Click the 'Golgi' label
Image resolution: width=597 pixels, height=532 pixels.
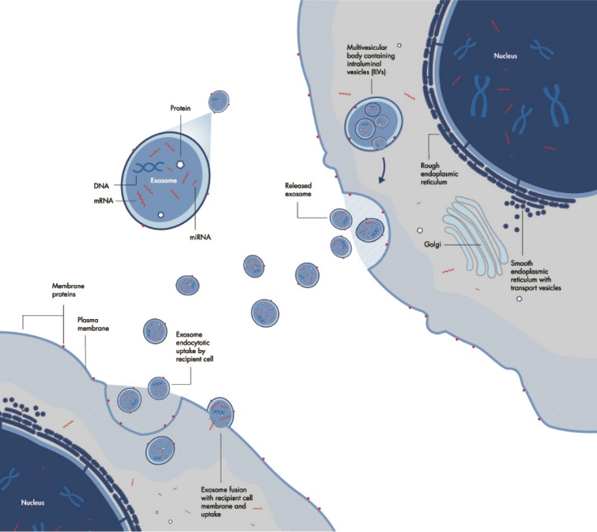(424, 246)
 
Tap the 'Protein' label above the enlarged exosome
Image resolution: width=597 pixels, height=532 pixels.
(182, 107)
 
